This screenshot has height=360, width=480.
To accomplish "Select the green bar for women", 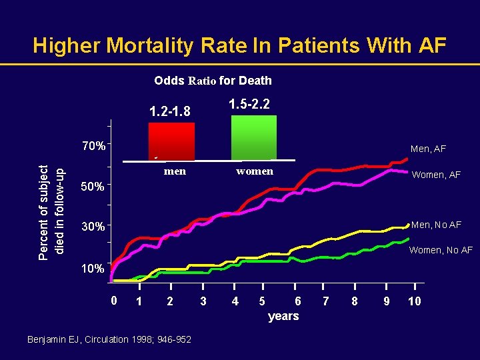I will coord(253,137).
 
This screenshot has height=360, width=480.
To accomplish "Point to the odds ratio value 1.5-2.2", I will coord(253,104).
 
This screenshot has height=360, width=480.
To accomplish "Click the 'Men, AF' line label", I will coord(428,149).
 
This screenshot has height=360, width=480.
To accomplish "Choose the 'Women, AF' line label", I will coord(436,175).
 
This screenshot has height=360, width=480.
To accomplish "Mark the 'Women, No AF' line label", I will coord(441,250).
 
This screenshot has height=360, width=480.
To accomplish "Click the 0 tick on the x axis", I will coord(114,301).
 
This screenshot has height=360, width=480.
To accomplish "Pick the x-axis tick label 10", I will coord(414,301).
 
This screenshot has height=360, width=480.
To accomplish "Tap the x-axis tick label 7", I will coord(325,301).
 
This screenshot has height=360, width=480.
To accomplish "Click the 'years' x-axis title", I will coord(283,316).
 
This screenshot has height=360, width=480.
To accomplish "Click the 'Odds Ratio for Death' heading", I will coord(213,81).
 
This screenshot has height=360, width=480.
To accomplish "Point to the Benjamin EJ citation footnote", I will coord(109,340).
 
